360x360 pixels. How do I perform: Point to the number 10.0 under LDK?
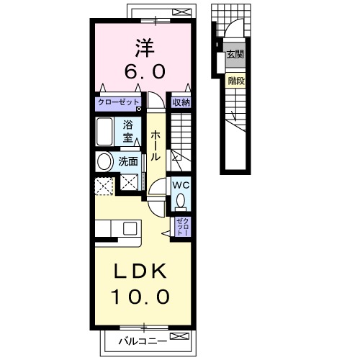(141, 295)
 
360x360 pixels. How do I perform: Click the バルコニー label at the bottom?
(143, 338)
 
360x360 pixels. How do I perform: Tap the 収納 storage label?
(180, 103)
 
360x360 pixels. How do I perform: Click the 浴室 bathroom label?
(129, 130)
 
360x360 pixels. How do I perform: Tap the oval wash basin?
(104, 161)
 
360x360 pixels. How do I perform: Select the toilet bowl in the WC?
(180, 199)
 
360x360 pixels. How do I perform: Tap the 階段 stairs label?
(235, 81)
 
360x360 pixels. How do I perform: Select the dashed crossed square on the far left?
(104, 185)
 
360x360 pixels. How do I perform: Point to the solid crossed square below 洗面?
(130, 184)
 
